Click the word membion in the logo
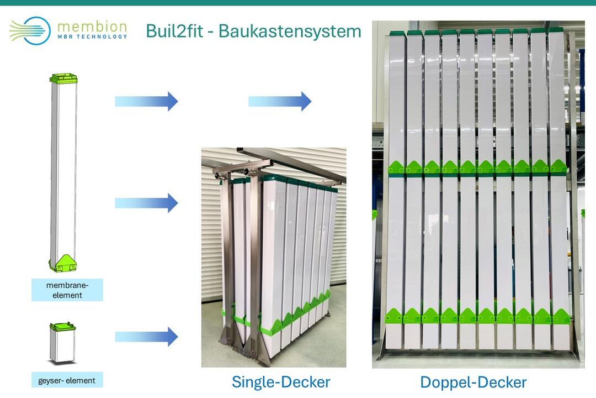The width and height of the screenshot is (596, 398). click(x=92, y=26)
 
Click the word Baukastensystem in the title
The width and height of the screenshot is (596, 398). click(x=290, y=31)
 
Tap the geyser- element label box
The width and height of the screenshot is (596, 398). click(x=67, y=380)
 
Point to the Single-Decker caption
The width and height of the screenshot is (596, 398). click(x=281, y=381)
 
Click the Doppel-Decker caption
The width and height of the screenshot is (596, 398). click(x=473, y=382)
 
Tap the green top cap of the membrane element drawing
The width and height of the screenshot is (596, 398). click(x=63, y=78)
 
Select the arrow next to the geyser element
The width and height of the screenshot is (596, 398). click(x=146, y=336)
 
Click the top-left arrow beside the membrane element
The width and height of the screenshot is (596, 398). click(x=146, y=101)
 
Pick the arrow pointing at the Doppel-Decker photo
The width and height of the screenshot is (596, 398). click(x=280, y=101)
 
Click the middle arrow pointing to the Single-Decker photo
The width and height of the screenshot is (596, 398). click(x=146, y=203)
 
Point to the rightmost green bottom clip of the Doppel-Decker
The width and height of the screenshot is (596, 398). click(x=561, y=316)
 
